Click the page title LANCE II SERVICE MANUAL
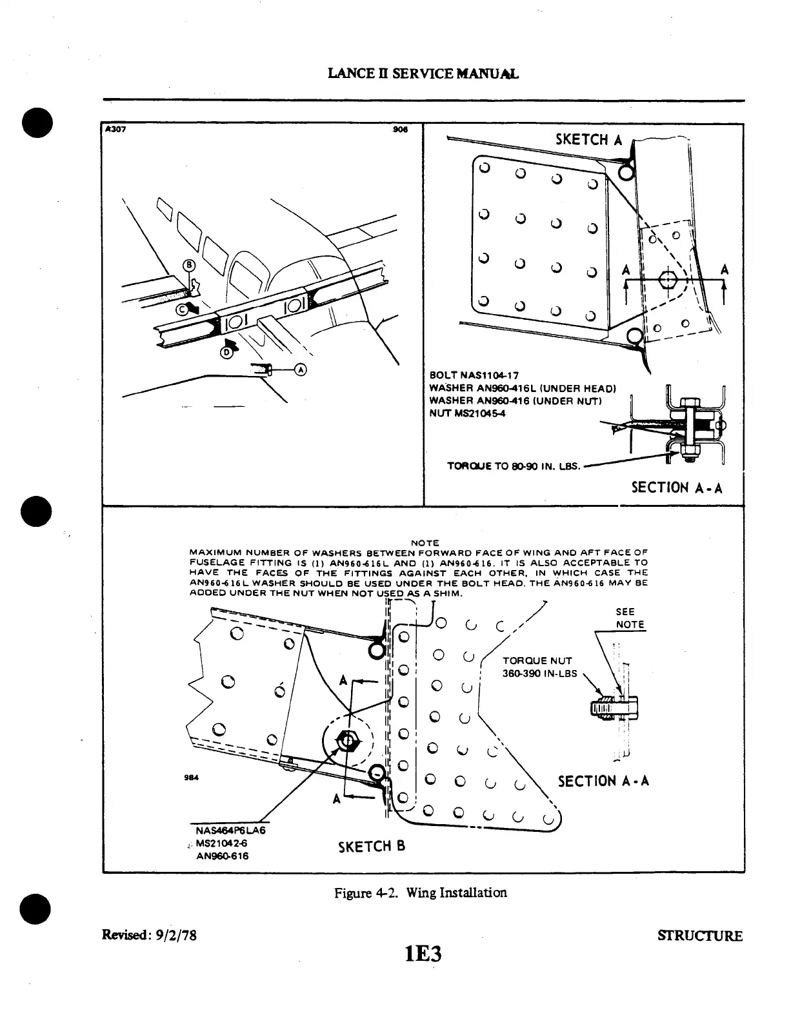pyautogui.click(x=423, y=74)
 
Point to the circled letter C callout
pyautogui.click(x=182, y=309)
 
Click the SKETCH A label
pyautogui.click(x=588, y=139)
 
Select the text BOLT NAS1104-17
pyautogui.click(x=474, y=376)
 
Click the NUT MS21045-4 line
pyautogui.click(x=468, y=413)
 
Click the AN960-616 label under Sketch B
pyautogui.click(x=222, y=856)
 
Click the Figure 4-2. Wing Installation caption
pyautogui.click(x=420, y=892)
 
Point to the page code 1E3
pyautogui.click(x=423, y=953)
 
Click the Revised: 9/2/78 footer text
pyautogui.click(x=149, y=935)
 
